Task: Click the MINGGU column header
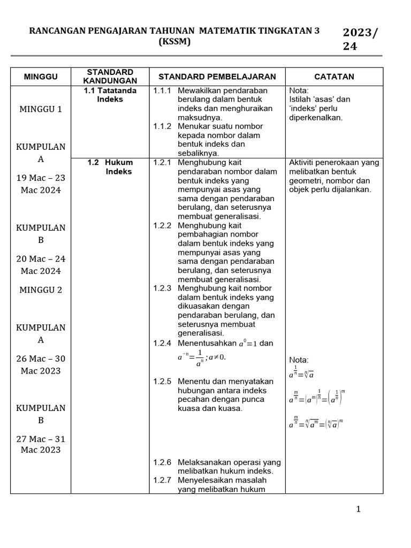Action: coord(41,77)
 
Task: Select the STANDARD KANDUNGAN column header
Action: coord(110,77)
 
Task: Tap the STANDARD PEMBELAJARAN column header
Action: coord(217,77)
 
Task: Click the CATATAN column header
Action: coord(334,77)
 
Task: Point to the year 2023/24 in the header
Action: coord(360,39)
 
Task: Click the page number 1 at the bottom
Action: coord(359,509)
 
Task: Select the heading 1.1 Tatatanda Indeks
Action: coord(110,95)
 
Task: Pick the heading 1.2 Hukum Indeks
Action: coord(111,167)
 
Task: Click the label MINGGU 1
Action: coord(41,109)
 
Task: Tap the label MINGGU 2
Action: coord(41,290)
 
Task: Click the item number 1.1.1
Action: coord(162,90)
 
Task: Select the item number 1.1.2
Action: coord(162,126)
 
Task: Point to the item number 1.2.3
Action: coord(162,288)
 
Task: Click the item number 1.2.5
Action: coord(162,381)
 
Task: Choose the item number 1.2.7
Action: coord(162,480)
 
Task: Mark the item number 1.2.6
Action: coord(162,462)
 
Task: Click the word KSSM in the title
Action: coord(174,42)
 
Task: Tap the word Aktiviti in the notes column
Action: coord(303,162)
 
